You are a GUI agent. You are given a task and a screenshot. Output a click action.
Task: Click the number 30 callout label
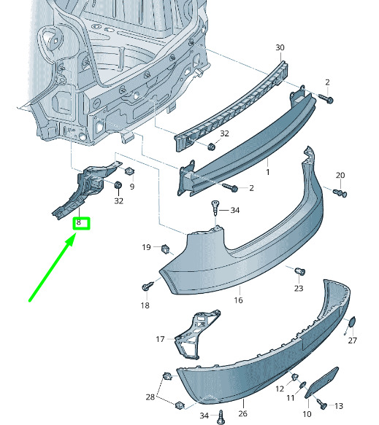pos(280,47)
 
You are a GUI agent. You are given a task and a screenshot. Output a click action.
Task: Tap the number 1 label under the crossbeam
pos(268,172)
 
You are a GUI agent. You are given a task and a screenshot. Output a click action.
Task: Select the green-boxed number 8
pos(79,222)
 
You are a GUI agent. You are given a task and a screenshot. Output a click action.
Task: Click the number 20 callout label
pos(340,176)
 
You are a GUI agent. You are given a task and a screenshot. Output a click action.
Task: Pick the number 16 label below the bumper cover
pos(238,300)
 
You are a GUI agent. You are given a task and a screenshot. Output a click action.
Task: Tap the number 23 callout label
pos(299,288)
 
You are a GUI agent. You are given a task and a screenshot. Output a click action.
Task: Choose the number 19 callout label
pos(146,247)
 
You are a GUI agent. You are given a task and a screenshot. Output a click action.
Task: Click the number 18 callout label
pos(145,305)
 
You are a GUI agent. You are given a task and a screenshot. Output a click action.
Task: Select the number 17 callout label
pos(160,339)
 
